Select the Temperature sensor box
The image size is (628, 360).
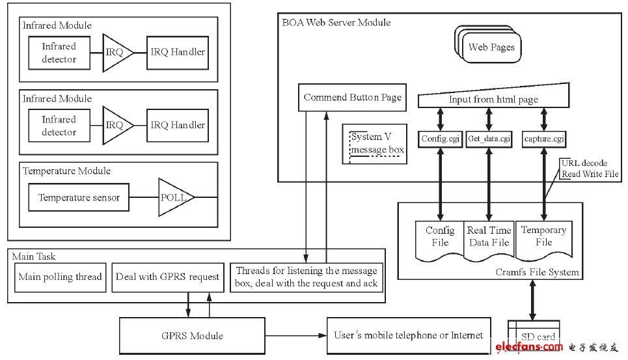pyautogui.click(x=79, y=197)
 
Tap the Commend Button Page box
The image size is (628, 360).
pyautogui.click(x=352, y=98)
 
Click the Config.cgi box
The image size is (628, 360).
pyautogui.click(x=441, y=138)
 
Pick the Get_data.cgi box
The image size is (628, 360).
pyautogui.click(x=489, y=138)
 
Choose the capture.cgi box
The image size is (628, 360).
pyautogui.click(x=543, y=138)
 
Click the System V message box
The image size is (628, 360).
pyautogui.click(x=377, y=144)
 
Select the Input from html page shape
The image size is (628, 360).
pyautogui.click(x=493, y=98)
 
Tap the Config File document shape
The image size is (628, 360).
pyautogui.click(x=440, y=238)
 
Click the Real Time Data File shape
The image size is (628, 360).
pyautogui.click(x=489, y=238)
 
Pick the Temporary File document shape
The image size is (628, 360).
pyautogui.click(x=543, y=238)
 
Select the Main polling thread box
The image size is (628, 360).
pyautogui.click(x=60, y=277)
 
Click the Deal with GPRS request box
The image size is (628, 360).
pyautogui.click(x=167, y=277)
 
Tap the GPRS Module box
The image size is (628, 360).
pyautogui.click(x=191, y=336)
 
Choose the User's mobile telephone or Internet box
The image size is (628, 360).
pyautogui.click(x=408, y=335)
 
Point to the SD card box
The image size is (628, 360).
pyautogui.click(x=538, y=337)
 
